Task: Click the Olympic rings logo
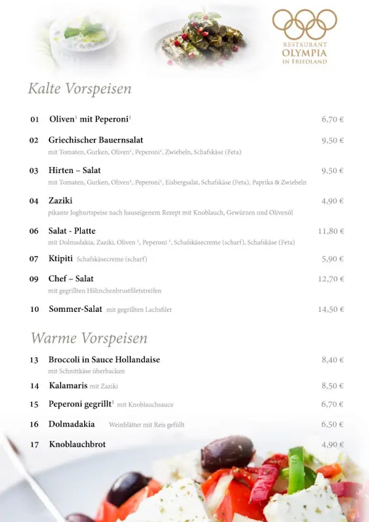click(x=304, y=24)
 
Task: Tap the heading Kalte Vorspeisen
click(x=80, y=89)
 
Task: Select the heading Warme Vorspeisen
click(x=89, y=338)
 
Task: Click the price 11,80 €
click(x=331, y=231)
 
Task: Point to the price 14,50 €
click(x=331, y=309)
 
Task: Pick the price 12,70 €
click(x=331, y=279)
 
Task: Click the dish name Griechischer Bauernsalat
click(x=95, y=140)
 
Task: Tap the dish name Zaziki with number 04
click(x=60, y=201)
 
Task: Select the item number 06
click(x=34, y=231)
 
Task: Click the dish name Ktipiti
click(x=60, y=258)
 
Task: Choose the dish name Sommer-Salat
click(x=75, y=309)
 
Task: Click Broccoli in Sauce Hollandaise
click(x=104, y=360)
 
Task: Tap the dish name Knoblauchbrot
click(x=77, y=444)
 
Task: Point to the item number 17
click(x=34, y=445)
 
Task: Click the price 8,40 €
click(x=332, y=360)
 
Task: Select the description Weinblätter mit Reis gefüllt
click(x=147, y=425)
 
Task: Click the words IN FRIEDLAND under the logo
click(x=304, y=61)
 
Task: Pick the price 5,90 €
click(x=332, y=259)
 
